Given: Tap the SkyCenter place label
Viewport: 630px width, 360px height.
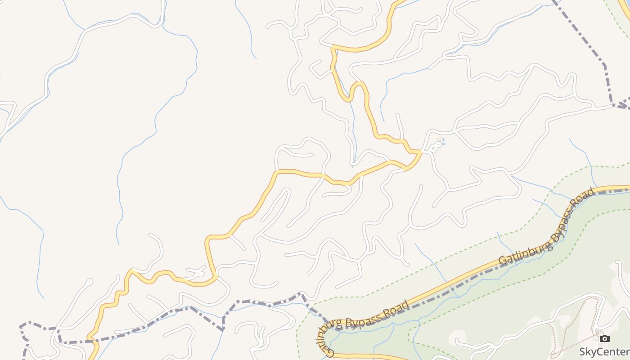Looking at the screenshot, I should coord(604,351).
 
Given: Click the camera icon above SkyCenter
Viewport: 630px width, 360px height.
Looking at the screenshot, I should coord(605,338).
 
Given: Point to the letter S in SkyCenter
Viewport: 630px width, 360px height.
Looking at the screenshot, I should coord(582,351).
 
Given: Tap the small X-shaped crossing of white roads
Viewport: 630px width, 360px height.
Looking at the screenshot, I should coord(198,272).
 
